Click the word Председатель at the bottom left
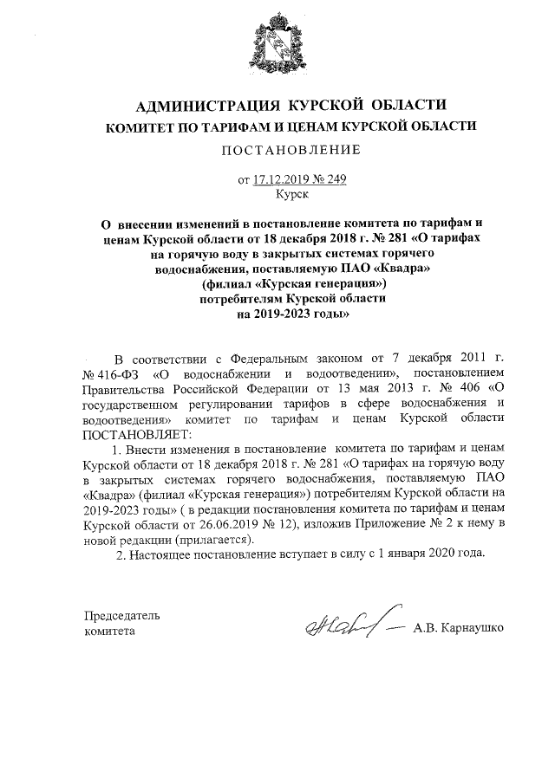[x=121, y=617]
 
